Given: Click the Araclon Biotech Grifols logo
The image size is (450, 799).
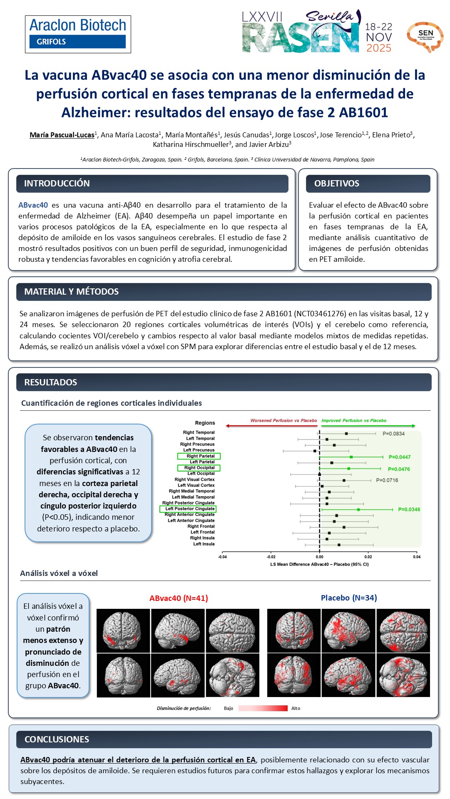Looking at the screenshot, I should (78, 34).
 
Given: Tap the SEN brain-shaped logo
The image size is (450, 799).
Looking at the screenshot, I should (425, 37).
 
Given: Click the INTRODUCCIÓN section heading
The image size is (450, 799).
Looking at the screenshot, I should (57, 184).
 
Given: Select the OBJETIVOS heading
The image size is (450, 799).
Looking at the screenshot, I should (336, 184).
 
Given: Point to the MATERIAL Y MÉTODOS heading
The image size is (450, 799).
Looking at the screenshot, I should (71, 292).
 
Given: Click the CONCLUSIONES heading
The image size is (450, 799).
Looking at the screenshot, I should (57, 739).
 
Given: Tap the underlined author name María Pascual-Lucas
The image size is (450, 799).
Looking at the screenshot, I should (62, 135).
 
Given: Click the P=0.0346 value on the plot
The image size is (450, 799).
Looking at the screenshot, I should (409, 509).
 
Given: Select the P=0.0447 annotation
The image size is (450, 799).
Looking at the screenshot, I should (399, 457).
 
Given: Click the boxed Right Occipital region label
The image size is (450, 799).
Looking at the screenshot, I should (199, 468).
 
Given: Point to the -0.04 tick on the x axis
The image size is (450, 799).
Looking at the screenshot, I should (223, 557).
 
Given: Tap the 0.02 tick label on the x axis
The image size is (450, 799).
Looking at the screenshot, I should (368, 557).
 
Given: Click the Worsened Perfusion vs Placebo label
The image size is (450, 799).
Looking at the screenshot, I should (283, 421).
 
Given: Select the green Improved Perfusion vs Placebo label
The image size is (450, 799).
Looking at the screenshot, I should (354, 421).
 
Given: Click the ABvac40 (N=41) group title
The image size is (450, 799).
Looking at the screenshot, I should (179, 598).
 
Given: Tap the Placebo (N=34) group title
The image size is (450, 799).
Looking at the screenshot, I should (348, 598).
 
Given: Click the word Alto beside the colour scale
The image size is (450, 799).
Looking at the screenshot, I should (296, 708).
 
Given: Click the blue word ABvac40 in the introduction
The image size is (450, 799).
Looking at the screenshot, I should (33, 205).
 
